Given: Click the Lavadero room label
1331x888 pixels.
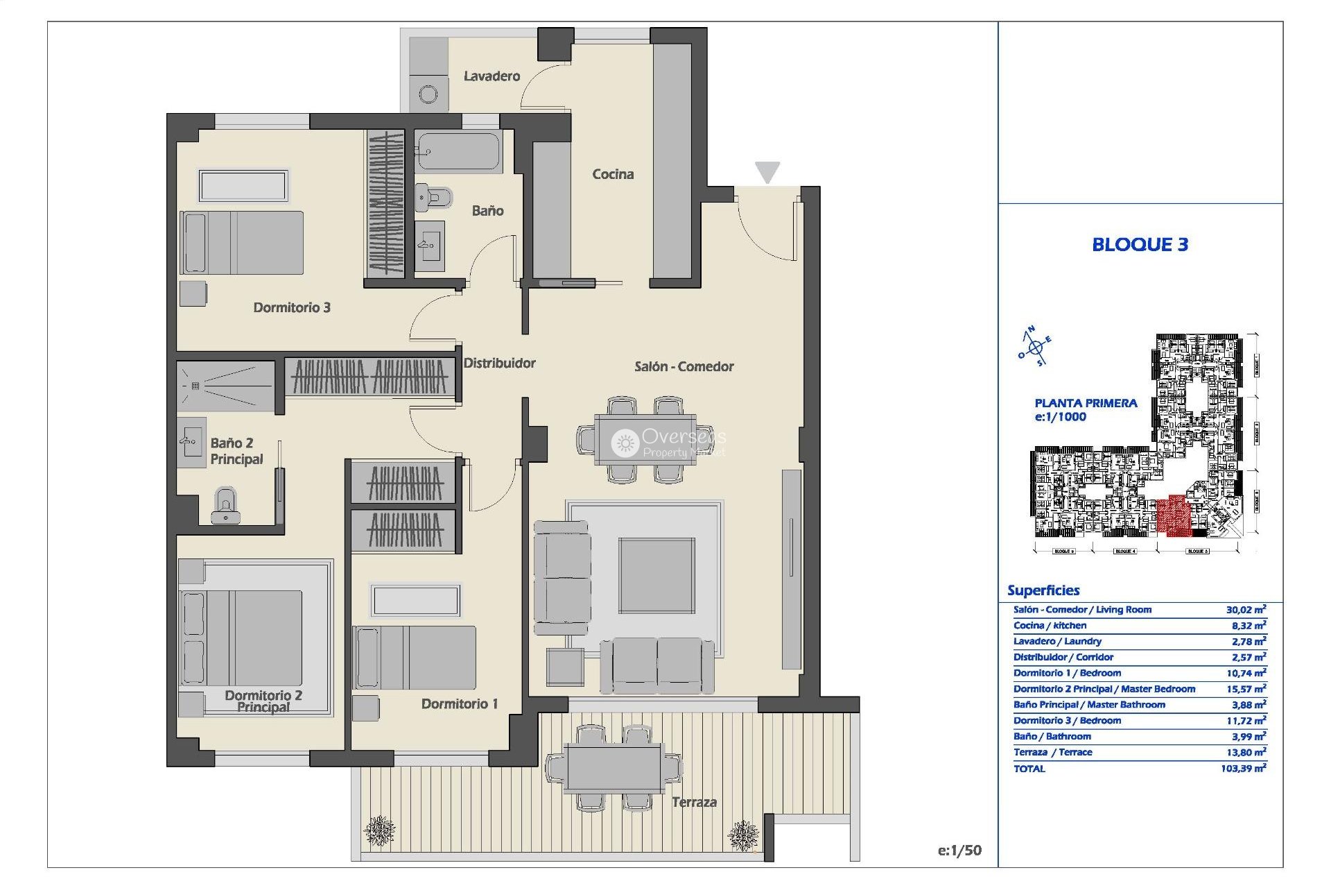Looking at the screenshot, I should (491, 76).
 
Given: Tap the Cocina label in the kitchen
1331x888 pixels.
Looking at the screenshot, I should (612, 174).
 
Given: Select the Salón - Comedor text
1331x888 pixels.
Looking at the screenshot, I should (684, 366).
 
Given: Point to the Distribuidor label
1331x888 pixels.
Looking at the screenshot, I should (499, 363).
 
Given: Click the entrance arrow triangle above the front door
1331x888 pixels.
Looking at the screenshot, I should (767, 171).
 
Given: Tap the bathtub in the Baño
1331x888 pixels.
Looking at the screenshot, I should (458, 152).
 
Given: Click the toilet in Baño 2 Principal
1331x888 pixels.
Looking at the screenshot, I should (225, 505).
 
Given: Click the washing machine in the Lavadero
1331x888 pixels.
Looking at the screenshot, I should (428, 94).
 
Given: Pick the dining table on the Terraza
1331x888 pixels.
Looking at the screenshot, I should (613, 768).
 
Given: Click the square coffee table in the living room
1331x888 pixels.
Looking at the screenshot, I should (656, 575).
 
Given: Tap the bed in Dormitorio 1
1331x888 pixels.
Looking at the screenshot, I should (415, 658).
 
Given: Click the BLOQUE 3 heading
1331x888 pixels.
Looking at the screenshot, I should (1140, 244).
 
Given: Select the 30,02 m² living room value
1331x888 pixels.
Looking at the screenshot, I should (1246, 610).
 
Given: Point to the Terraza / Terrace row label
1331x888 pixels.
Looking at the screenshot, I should (1052, 752).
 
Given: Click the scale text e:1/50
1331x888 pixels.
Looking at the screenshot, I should (959, 851).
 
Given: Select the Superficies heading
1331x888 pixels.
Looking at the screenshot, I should (1043, 590).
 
